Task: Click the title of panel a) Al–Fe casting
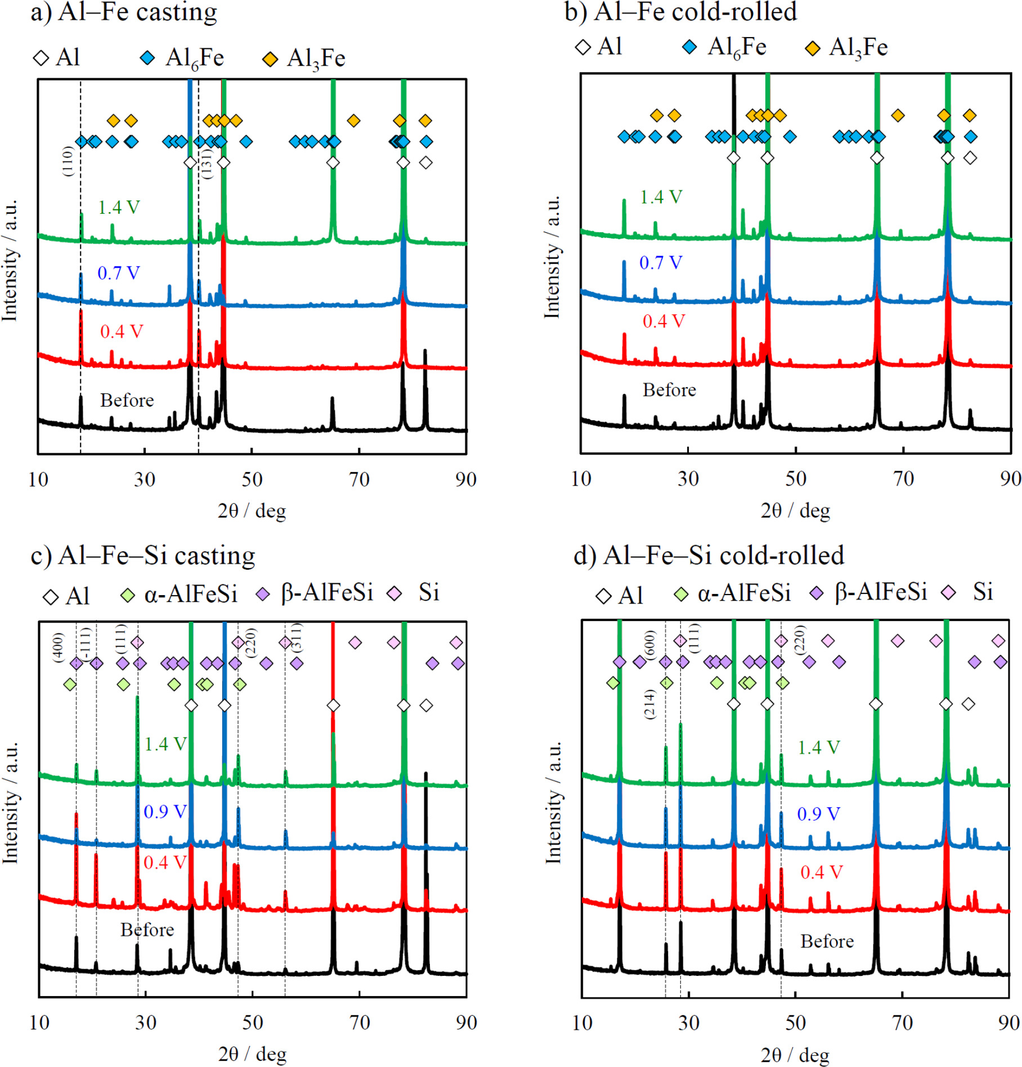coord(124,12)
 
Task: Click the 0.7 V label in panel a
coord(118,273)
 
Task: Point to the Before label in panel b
coord(669,390)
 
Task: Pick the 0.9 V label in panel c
coord(164,812)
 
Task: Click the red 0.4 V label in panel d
coord(821,872)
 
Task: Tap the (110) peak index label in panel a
coord(68,161)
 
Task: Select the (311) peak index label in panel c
coord(297,637)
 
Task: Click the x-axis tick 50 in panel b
coord(795,479)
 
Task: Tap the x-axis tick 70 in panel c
coord(359,1022)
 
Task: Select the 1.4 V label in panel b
coord(661,197)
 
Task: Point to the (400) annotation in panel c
coord(58,647)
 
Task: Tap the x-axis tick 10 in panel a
coord(38,479)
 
